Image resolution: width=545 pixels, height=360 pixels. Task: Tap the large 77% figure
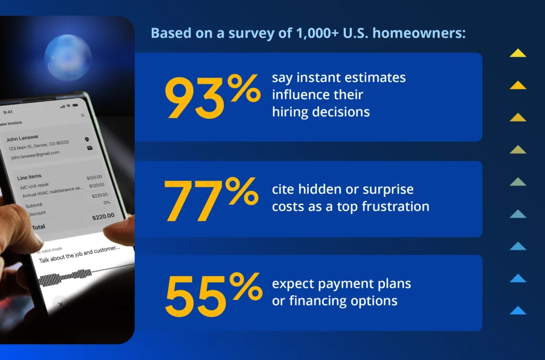click(x=211, y=199)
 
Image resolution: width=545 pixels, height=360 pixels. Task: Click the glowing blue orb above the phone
click(x=68, y=57)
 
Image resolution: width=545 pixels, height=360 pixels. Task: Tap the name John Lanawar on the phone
click(x=22, y=137)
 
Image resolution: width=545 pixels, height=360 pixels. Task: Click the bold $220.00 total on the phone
click(x=103, y=216)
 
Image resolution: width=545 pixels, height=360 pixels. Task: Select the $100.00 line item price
click(x=94, y=178)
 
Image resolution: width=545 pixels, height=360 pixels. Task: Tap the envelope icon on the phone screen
click(x=89, y=148)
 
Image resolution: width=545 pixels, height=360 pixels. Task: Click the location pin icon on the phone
click(x=87, y=139)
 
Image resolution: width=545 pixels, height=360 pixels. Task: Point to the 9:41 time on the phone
click(x=8, y=112)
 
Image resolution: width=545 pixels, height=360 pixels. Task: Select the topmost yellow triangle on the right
click(x=517, y=53)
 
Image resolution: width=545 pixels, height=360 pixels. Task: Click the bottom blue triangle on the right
click(x=517, y=310)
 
